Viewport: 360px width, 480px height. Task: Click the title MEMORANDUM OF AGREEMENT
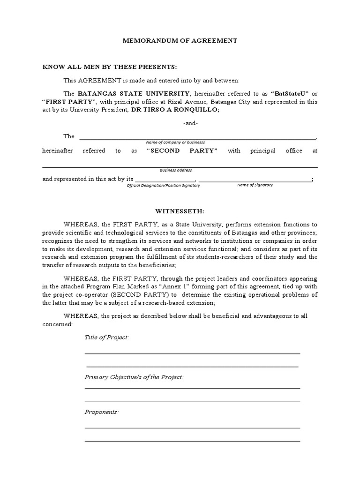[x=180, y=41]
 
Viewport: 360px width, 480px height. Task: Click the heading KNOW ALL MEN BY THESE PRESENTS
[x=110, y=67]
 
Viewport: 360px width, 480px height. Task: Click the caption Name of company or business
[x=175, y=142]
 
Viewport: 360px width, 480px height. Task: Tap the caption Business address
[x=175, y=170]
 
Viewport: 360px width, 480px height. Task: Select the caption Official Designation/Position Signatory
[x=164, y=186]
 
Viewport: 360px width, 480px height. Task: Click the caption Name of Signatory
[x=255, y=185]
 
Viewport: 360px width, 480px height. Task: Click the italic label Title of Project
[x=106, y=337]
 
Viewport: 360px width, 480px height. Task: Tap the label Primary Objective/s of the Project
[x=134, y=377]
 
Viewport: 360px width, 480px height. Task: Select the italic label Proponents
[x=101, y=412]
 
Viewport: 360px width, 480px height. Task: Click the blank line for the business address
[x=180, y=166]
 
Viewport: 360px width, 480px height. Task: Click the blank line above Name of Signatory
[x=255, y=180]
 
